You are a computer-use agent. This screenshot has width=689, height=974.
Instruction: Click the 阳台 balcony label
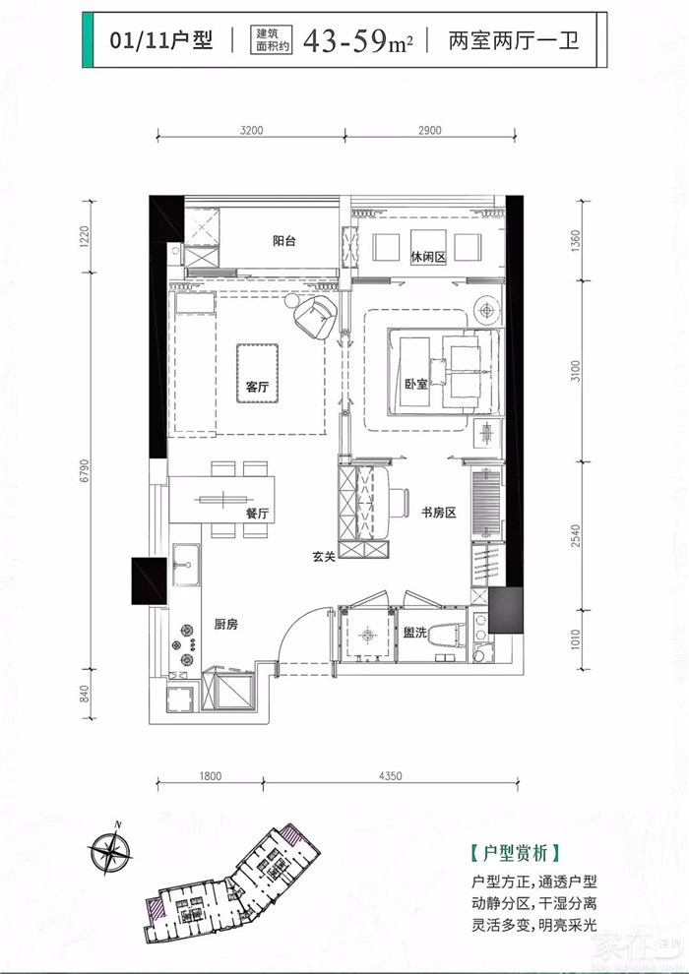(x=283, y=241)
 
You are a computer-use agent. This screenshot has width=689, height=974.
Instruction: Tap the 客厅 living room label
(x=257, y=387)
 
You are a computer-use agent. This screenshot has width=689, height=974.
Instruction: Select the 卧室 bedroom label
(x=415, y=384)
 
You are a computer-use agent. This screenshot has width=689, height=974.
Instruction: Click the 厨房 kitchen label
(x=226, y=625)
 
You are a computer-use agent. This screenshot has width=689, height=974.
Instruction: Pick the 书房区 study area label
(x=439, y=513)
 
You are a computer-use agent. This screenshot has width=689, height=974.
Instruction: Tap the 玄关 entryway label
(x=324, y=557)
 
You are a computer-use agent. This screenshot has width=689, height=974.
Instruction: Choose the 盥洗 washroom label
(x=414, y=633)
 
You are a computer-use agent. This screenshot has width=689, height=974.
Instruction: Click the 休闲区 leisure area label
(x=428, y=257)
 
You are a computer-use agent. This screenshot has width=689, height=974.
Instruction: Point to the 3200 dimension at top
(x=251, y=131)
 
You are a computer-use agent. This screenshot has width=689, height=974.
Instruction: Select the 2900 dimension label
(x=430, y=131)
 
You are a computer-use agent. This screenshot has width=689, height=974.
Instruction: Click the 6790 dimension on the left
(x=86, y=471)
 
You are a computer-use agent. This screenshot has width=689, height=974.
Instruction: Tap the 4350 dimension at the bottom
(x=390, y=776)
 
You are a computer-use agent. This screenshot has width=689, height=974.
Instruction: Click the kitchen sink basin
(x=186, y=565)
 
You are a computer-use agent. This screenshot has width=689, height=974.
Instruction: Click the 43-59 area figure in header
(x=349, y=41)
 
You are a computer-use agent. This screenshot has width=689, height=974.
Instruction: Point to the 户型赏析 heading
(x=515, y=853)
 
